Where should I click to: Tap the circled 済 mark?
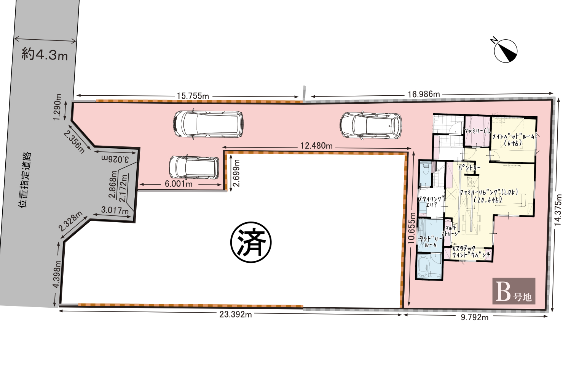[251, 242]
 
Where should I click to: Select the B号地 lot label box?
[514, 291]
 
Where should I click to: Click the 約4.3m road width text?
[45, 55]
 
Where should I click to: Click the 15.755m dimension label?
[193, 96]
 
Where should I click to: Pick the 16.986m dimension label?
[424, 95]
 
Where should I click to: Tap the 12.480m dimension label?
[316, 146]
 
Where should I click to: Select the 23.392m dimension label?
[236, 315]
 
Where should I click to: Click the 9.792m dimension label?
[474, 318]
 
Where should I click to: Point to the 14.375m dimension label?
[558, 210]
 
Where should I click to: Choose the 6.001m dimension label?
[179, 184]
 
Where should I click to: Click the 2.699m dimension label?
[236, 173]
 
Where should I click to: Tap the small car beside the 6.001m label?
[194, 167]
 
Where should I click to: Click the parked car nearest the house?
[370, 125]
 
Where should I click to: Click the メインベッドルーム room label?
[513, 140]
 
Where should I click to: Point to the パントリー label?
[469, 168]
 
